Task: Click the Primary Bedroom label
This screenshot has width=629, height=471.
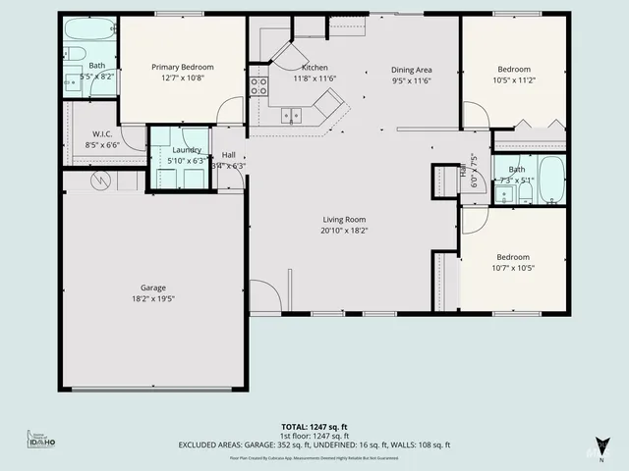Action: click(x=182, y=67)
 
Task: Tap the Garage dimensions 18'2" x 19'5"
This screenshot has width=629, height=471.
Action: click(x=152, y=298)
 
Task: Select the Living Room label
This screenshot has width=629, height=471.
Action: click(x=344, y=220)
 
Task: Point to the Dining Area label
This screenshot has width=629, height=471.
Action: click(x=411, y=70)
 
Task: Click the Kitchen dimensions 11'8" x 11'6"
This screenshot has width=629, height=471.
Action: click(x=314, y=78)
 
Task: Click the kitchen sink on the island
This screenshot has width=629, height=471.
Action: click(x=291, y=115)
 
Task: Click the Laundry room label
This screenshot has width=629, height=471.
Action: click(x=187, y=149)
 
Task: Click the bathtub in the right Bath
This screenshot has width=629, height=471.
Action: click(x=551, y=179)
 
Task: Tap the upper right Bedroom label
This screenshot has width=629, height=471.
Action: click(x=514, y=70)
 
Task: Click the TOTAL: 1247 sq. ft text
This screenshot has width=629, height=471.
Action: click(x=314, y=426)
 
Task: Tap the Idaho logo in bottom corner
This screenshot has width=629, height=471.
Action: click(x=40, y=441)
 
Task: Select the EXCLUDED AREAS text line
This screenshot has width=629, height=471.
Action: click(x=314, y=445)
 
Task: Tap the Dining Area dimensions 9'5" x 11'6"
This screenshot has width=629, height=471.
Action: click(x=411, y=80)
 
